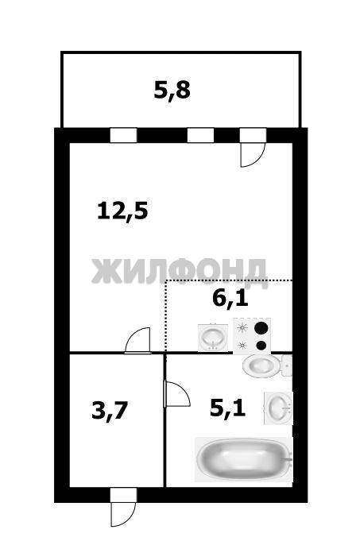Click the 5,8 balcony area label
[x=172, y=91]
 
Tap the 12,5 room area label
[x=123, y=211]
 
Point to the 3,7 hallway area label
[x=109, y=410]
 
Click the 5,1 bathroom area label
[x=227, y=408]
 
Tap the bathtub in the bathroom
[x=244, y=459]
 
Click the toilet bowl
[x=261, y=365]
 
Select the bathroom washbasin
[x=279, y=408]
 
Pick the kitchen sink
[x=213, y=338]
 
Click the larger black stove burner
[x=261, y=328]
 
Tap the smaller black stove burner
[x=261, y=346]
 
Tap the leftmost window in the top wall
[x=123, y=135]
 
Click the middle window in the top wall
[x=200, y=135]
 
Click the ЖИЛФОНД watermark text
[x=180, y=272]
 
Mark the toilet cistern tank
[x=287, y=365]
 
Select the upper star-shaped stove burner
[x=242, y=328]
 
